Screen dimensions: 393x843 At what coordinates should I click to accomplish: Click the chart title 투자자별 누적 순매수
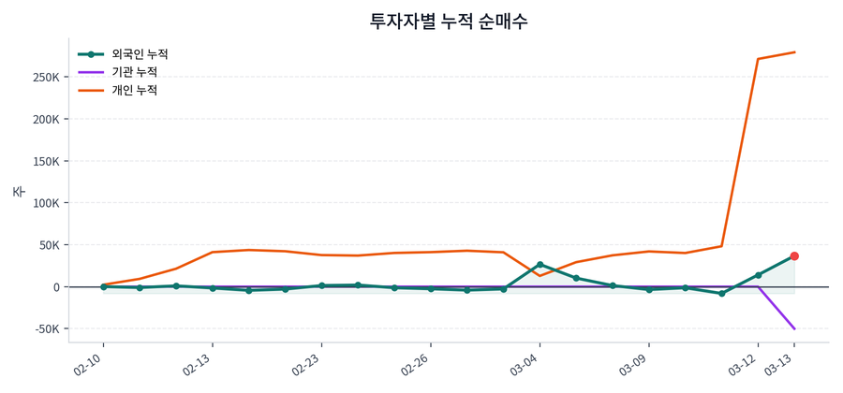pos(449,21)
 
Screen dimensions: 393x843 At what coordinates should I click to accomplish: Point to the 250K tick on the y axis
pos(44,78)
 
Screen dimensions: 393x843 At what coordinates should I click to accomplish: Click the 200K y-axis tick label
pos(44,120)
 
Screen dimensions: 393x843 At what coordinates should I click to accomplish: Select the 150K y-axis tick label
pos(44,162)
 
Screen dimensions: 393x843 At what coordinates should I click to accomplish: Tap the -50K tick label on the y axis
pos(44,329)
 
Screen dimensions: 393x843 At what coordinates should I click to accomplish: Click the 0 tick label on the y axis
pos(56,287)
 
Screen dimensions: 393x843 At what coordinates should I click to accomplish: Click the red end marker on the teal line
pos(794,256)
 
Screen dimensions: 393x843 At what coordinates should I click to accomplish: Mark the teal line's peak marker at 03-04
pos(540,265)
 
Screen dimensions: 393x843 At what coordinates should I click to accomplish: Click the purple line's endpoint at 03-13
pos(794,328)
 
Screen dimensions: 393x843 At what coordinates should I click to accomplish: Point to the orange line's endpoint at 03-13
pos(794,52)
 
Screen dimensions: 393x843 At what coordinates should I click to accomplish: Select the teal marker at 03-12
pos(758,275)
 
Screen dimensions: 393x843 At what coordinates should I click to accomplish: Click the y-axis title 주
pos(18,191)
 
